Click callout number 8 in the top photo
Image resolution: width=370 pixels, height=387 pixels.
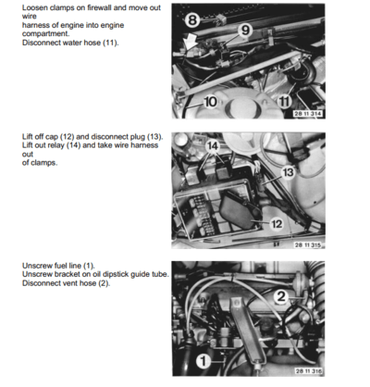[192, 19]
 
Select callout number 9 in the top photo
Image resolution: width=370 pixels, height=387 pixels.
[245, 30]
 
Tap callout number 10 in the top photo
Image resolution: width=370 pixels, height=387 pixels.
[209, 101]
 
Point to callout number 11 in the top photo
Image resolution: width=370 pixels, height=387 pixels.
[285, 100]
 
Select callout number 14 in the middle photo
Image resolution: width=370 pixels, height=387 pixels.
[212, 145]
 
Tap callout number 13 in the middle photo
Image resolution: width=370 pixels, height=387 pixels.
[289, 172]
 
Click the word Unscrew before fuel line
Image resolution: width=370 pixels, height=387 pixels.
[39, 265]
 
